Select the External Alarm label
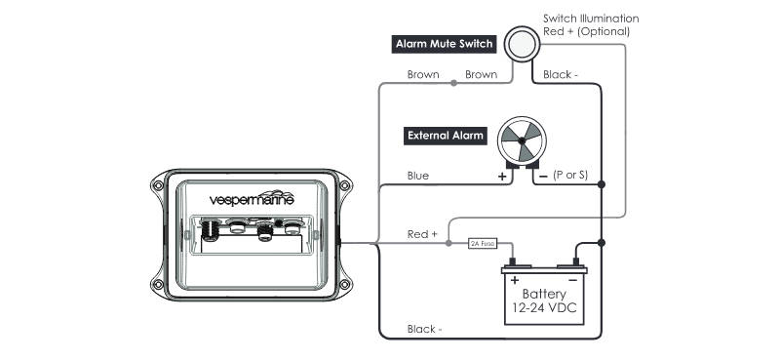tap(444, 136)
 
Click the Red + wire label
tap(422, 235)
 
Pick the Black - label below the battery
tap(425, 329)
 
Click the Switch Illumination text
tap(590, 18)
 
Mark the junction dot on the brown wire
tap(454, 84)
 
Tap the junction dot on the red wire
tap(448, 242)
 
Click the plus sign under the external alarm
tap(502, 177)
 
